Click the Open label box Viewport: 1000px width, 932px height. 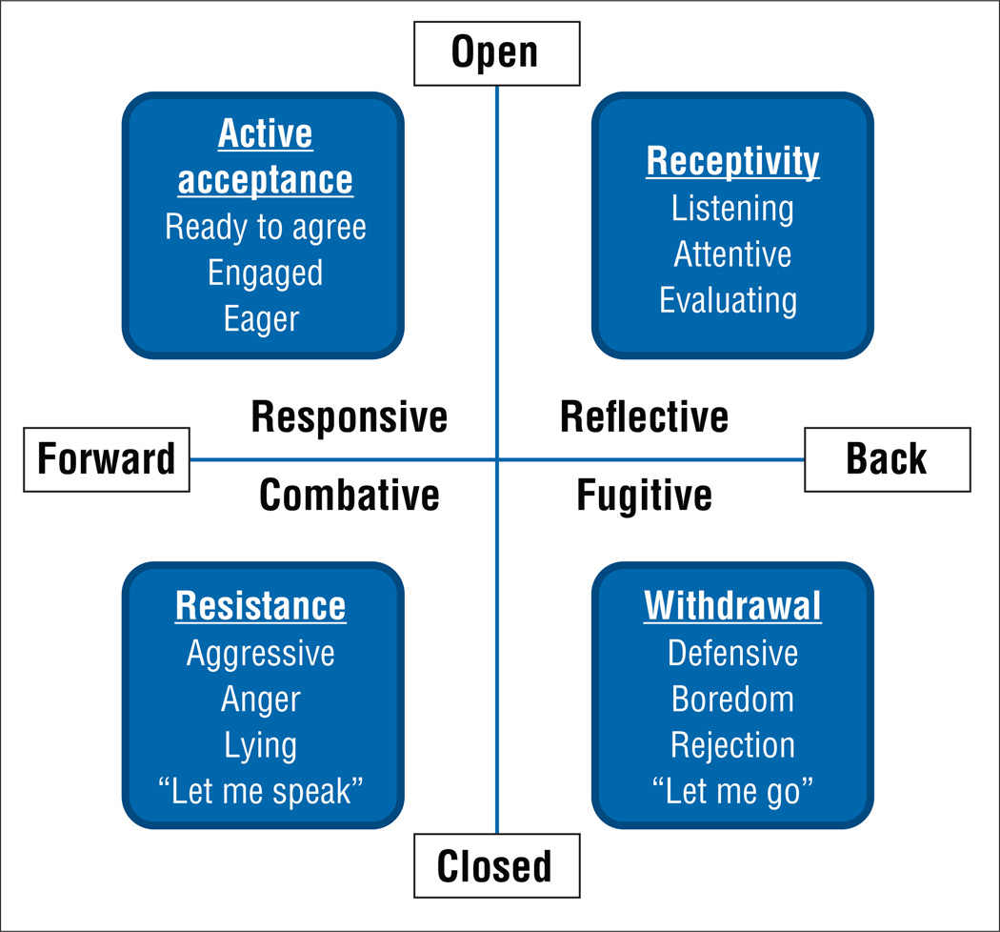click(495, 53)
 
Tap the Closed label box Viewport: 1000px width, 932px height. click(495, 866)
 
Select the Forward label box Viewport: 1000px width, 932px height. click(107, 459)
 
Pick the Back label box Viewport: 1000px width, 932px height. click(887, 459)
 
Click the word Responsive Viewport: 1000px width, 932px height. click(349, 417)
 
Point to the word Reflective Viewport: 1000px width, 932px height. click(644, 417)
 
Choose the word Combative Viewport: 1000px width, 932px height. click(349, 495)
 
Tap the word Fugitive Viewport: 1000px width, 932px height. click(644, 495)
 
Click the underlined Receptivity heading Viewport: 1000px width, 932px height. click(732, 161)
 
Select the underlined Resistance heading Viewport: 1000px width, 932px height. click(261, 605)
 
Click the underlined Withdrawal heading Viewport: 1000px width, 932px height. click(732, 605)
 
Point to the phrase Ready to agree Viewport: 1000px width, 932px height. click(265, 227)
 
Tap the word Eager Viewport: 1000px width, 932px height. click(261, 318)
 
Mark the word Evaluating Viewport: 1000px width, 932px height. click(729, 300)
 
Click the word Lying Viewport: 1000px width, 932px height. click(261, 744)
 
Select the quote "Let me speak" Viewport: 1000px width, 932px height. click(261, 790)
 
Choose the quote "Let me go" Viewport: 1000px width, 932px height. click(732, 790)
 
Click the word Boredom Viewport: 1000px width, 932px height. click(732, 699)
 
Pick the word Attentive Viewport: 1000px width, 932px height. click(732, 254)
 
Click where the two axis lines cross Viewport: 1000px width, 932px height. click(497, 459)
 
